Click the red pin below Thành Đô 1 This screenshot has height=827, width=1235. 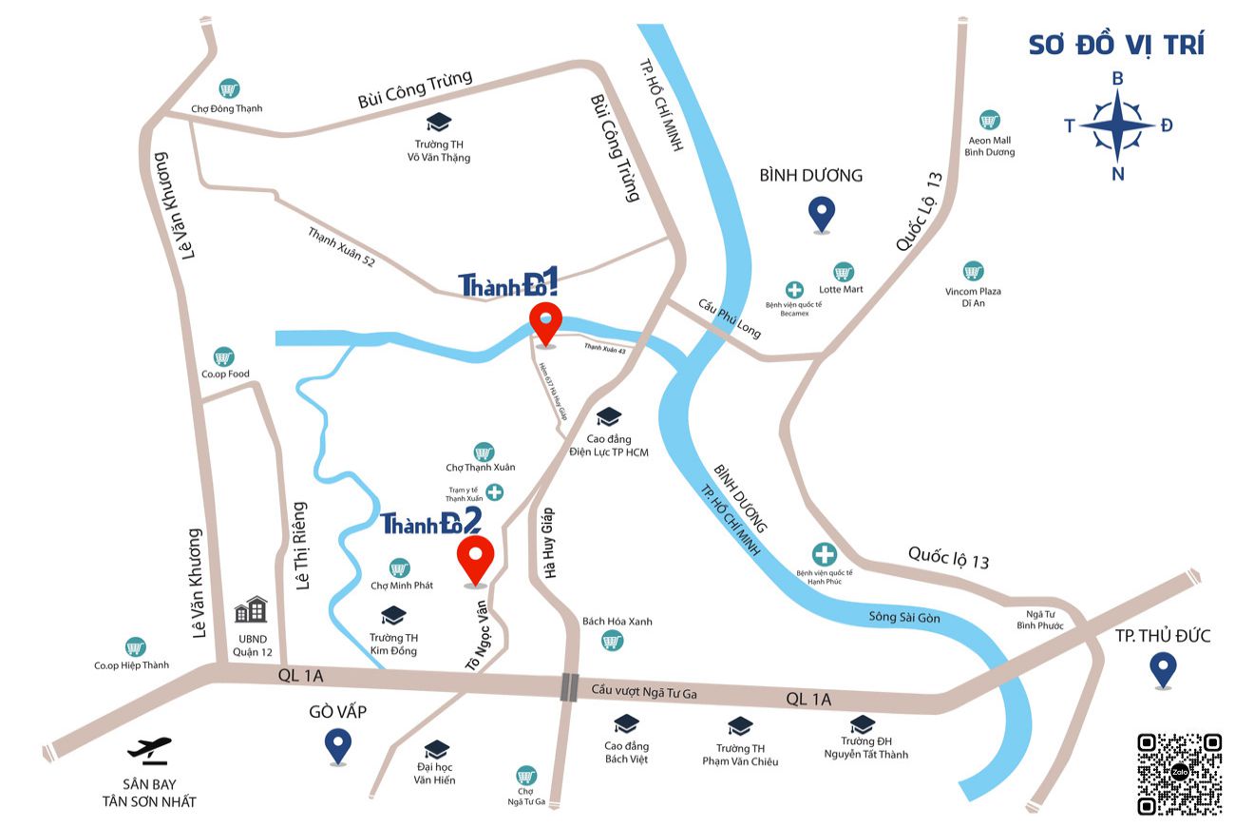coord(546,323)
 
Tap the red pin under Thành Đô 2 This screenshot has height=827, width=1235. coord(475,559)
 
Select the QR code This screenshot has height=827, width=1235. coord(1179,774)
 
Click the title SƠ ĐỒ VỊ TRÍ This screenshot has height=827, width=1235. coord(1116,44)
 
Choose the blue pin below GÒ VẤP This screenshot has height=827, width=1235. coord(337,744)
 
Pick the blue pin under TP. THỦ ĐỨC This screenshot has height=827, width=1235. coord(1162,669)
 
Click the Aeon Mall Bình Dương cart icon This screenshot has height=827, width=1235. coord(990,121)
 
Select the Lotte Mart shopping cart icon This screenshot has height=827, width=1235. coord(843,272)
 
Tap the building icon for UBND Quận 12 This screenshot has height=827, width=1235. coord(251,609)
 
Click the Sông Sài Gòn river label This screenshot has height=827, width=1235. coord(904,617)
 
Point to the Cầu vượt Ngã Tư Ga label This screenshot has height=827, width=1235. coord(644,694)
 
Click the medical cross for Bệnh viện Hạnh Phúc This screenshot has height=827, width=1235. coord(824,554)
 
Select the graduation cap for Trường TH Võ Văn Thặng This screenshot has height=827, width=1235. coord(438,123)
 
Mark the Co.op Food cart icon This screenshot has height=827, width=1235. coord(224,357)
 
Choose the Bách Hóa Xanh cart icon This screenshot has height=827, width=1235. coord(613,643)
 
